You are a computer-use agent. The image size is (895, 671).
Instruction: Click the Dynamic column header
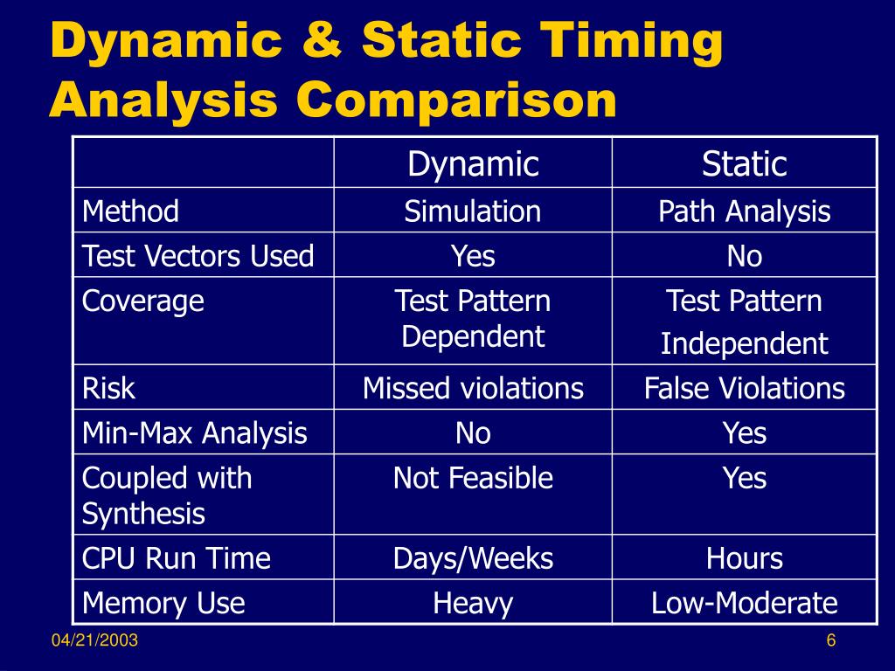[x=473, y=164]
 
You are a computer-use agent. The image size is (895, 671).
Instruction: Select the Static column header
[x=745, y=164]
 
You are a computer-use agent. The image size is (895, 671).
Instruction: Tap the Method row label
[x=130, y=211]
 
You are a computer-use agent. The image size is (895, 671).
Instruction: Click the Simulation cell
[x=473, y=211]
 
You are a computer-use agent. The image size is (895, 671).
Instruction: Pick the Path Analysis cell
[x=745, y=211]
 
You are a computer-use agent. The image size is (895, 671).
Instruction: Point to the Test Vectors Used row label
[x=198, y=256]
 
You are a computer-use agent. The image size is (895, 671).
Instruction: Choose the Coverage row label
[x=143, y=301]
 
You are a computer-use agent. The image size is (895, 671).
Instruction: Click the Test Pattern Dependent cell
[x=473, y=319]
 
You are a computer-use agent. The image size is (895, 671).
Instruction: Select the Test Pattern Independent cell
[x=745, y=322]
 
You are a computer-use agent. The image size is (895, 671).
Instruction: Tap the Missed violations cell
[x=473, y=388]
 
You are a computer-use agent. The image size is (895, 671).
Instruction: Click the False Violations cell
[x=745, y=388]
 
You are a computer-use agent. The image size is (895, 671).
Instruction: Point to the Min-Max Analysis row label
[x=195, y=432]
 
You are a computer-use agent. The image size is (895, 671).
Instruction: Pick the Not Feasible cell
[x=473, y=478]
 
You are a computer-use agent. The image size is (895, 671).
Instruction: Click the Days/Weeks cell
[x=473, y=558]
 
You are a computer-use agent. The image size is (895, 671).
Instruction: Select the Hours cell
[x=745, y=558]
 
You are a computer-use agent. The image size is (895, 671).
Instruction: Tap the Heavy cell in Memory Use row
[x=473, y=603]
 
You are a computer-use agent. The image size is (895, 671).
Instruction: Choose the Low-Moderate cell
[x=745, y=603]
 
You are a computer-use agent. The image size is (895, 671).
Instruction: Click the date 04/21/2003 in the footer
[x=94, y=642]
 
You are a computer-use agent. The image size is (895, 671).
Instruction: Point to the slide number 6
[x=831, y=642]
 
